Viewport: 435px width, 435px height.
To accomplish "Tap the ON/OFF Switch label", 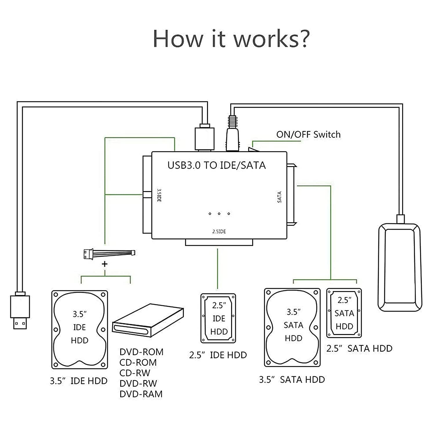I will pos(308,135).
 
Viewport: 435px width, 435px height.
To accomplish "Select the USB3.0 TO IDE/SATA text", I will pos(217,165).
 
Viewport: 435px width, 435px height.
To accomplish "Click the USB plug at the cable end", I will pos(20,312).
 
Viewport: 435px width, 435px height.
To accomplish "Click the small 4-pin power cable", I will pos(109,253).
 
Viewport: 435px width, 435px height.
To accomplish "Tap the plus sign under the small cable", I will pos(105,264).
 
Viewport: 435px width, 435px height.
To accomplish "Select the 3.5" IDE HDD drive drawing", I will pos(79,329).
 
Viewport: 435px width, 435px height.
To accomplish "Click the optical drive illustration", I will pos(148,320).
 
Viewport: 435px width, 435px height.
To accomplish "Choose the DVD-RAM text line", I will pos(141,394).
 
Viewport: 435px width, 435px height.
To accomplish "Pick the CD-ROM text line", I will pos(138,362).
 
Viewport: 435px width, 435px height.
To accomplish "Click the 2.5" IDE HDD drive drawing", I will pos(218,318).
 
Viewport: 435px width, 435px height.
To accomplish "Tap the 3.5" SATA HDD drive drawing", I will pos(292,327).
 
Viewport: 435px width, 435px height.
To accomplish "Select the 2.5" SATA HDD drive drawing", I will pos(344,313).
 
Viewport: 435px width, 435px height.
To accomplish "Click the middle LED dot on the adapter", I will pos(219,214).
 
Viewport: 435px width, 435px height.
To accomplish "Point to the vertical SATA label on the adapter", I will pos(280,197).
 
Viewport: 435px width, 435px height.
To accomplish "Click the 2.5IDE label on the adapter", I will pos(219,231).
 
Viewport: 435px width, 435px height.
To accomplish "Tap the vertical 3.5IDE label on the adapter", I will pos(159,195).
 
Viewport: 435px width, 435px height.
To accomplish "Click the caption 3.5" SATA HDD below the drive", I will pos(292,380).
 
